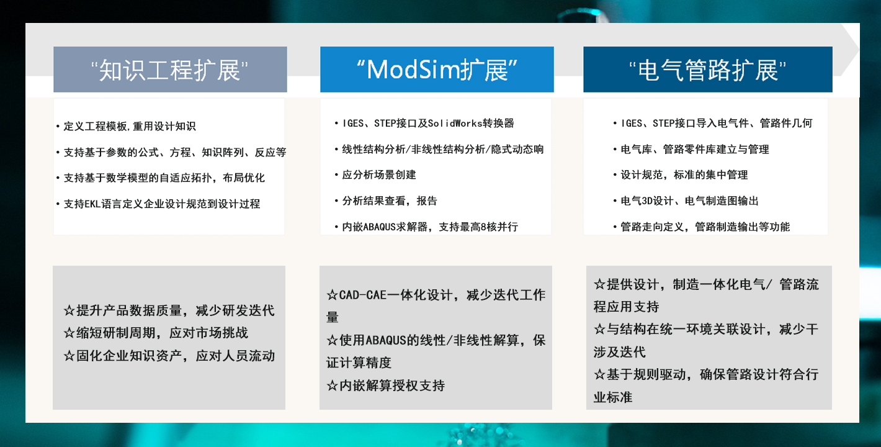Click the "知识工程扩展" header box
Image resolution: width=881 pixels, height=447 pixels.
(x=170, y=70)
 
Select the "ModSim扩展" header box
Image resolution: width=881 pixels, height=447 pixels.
(x=437, y=70)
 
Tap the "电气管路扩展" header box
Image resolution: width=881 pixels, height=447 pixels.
(x=708, y=70)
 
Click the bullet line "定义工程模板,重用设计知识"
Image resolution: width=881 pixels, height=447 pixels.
(x=126, y=126)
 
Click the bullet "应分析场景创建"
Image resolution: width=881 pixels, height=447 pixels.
(x=375, y=174)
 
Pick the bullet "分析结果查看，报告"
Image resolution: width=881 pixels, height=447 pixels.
(x=386, y=201)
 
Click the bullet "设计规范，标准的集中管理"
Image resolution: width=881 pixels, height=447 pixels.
(x=681, y=174)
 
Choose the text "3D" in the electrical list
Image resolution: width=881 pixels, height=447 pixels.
(x=647, y=201)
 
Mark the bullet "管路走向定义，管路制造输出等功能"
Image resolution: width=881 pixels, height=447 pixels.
(x=701, y=227)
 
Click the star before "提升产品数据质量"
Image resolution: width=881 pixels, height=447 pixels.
(x=69, y=310)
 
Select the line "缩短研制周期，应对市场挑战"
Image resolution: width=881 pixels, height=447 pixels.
(x=156, y=333)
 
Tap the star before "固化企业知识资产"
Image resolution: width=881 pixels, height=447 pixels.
(x=69, y=356)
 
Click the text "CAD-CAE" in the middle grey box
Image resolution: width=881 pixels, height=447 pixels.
(x=362, y=295)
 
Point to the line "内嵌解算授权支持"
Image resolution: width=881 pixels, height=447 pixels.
(x=386, y=385)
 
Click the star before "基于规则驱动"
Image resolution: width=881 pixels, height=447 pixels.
(x=599, y=374)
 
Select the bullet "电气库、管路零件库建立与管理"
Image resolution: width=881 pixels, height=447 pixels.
(x=691, y=149)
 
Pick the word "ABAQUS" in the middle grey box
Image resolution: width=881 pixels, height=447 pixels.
(x=386, y=340)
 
